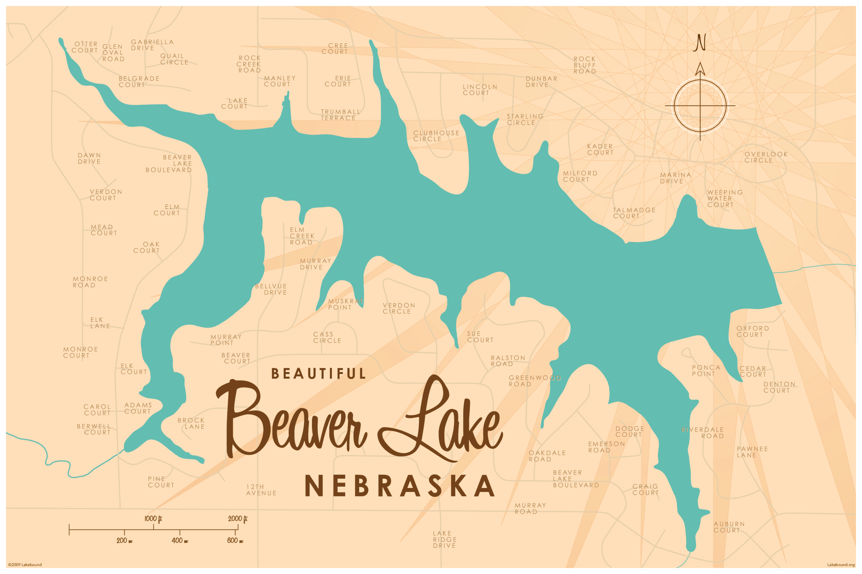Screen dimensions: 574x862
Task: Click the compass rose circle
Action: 700,105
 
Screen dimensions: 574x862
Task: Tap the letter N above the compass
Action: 700,43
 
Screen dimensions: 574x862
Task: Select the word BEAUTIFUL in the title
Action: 318,374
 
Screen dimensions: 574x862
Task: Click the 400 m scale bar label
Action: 179,541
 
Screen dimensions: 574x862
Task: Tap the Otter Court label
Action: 85,47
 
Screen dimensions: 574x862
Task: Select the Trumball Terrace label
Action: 340,115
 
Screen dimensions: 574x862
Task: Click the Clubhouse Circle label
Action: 436,136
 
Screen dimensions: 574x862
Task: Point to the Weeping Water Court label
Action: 725,198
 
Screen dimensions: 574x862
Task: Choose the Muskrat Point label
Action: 345,304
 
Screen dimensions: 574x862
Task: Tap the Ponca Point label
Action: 705,371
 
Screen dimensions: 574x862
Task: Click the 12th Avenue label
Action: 261,490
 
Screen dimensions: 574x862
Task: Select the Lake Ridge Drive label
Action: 444,539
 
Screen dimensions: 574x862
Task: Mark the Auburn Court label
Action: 729,527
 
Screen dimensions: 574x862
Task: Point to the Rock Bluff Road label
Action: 585,65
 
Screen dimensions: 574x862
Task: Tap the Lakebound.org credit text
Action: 841,565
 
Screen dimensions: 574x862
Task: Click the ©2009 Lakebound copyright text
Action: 25,565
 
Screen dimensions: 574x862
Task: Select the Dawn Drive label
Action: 89,159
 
